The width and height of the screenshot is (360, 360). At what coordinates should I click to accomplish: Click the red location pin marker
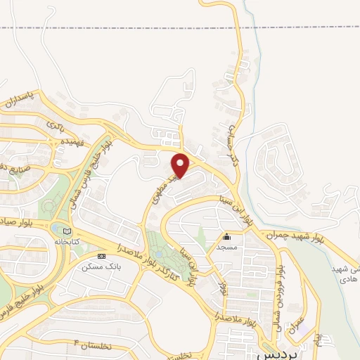click(181, 165)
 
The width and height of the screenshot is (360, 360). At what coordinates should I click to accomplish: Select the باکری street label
click(56, 127)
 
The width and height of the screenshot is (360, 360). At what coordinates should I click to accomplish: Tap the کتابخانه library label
click(68, 240)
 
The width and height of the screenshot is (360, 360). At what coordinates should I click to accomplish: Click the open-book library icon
click(67, 231)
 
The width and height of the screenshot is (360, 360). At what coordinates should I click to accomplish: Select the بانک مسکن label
click(97, 266)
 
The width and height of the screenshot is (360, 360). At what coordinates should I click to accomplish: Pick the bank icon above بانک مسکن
click(102, 256)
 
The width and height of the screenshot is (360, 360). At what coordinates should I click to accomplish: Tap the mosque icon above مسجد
click(227, 237)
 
